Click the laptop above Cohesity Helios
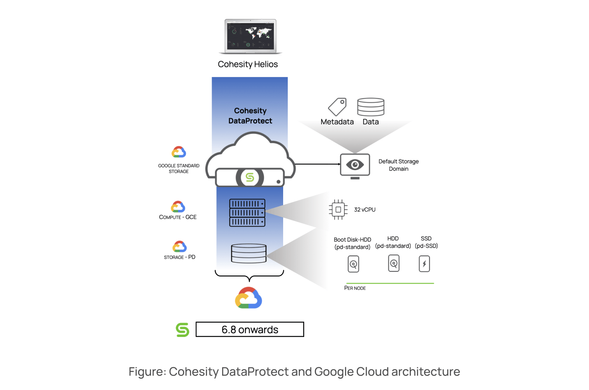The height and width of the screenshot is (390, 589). (x=250, y=36)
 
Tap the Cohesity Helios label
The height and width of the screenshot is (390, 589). (x=248, y=64)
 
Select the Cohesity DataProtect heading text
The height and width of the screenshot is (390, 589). (x=250, y=116)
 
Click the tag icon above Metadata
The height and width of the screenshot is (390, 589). (x=337, y=107)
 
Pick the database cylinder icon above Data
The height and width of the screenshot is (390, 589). (x=371, y=107)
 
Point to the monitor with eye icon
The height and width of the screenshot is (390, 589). (x=355, y=165)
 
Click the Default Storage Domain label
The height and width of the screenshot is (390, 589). (x=398, y=165)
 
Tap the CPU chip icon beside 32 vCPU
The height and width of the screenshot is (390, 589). (x=338, y=210)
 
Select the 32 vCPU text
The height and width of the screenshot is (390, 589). (x=365, y=210)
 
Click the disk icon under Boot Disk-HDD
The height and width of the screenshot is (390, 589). (x=353, y=264)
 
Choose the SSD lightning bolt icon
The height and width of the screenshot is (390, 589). (x=425, y=264)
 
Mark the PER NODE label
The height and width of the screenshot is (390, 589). (x=355, y=288)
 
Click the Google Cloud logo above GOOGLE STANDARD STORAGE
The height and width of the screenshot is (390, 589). (x=179, y=152)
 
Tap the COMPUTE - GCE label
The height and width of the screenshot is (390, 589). (x=178, y=217)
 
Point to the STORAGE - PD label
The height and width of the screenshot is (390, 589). (x=180, y=257)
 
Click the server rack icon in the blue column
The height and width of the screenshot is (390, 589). (x=247, y=213)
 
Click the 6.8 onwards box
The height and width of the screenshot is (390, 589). (x=250, y=329)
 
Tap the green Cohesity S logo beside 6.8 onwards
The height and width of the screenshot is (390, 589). (x=183, y=330)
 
